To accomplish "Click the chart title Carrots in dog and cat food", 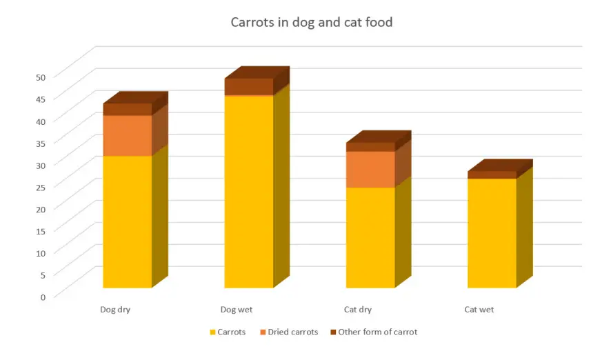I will pyautogui.click(x=311, y=23).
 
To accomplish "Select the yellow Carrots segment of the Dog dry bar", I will pyautogui.click(x=128, y=221).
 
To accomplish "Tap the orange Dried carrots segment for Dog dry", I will pyautogui.click(x=128, y=135).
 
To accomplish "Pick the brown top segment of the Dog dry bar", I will pyautogui.click(x=128, y=109).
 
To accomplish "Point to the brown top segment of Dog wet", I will pyautogui.click(x=249, y=86).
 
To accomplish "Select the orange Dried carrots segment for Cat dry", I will pyautogui.click(x=370, y=169).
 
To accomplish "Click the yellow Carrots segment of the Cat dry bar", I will pyautogui.click(x=370, y=237).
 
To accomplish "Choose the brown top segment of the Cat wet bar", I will pyautogui.click(x=492, y=174).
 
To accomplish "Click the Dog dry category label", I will pyautogui.click(x=115, y=310).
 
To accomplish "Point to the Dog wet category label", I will pyautogui.click(x=237, y=310).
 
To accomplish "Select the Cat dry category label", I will pyautogui.click(x=358, y=310).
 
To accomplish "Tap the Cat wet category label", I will pyautogui.click(x=479, y=310).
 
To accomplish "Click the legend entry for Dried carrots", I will pyautogui.click(x=293, y=332).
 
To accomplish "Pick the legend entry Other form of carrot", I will pyautogui.click(x=377, y=332).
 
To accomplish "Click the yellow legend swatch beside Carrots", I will pyautogui.click(x=213, y=332).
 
